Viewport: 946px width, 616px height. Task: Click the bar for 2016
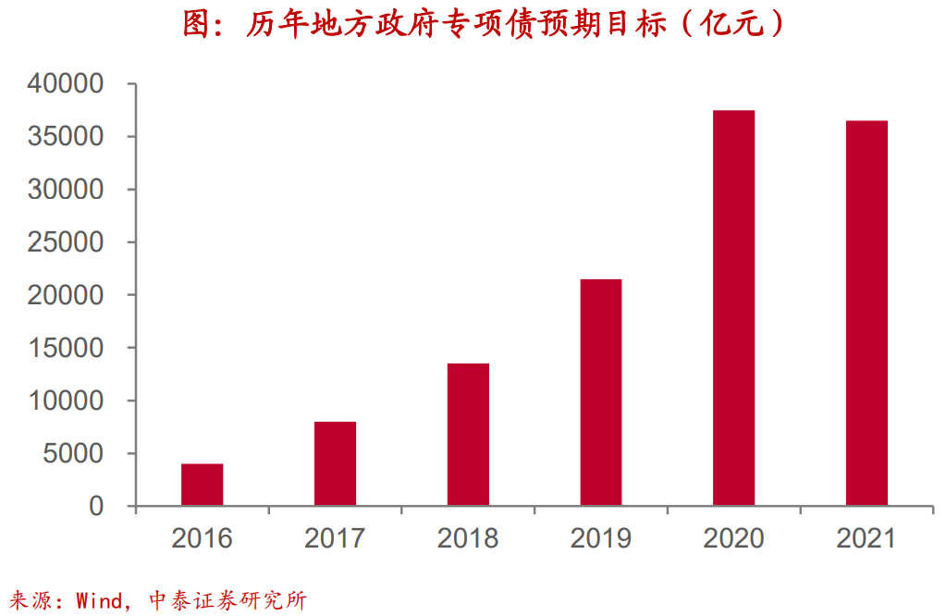(202, 485)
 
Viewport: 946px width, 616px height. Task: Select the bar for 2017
(335, 463)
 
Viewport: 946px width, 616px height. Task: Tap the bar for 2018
(468, 435)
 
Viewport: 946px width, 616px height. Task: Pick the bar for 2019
(601, 392)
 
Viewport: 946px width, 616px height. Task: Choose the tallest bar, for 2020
(734, 308)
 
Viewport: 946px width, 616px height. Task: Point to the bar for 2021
(866, 314)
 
